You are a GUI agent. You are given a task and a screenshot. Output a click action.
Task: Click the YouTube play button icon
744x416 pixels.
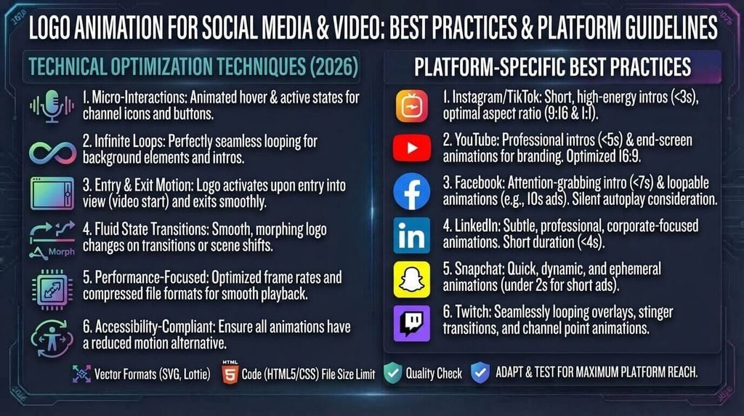(x=412, y=148)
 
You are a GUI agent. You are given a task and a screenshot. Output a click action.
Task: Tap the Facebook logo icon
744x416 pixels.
(x=412, y=191)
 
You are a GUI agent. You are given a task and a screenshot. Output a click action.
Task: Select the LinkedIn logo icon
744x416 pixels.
(x=412, y=236)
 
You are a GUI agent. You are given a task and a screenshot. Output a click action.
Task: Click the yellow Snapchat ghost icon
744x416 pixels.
(x=412, y=279)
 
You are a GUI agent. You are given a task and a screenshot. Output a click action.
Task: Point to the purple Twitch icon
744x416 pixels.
(x=412, y=324)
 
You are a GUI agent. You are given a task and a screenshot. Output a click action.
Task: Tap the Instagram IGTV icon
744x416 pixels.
(x=412, y=106)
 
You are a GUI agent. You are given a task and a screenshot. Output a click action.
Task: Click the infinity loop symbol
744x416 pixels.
(x=52, y=153)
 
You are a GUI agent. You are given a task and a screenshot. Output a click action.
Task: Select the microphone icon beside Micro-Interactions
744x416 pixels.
(x=52, y=106)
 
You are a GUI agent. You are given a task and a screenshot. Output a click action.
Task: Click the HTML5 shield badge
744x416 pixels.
(x=230, y=373)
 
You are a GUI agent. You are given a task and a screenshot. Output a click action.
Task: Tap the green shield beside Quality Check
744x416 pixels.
(x=392, y=373)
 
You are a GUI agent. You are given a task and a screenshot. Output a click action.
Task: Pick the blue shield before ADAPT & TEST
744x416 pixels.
(x=480, y=373)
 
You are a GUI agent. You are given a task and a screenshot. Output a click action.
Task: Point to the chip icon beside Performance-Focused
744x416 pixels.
(x=52, y=289)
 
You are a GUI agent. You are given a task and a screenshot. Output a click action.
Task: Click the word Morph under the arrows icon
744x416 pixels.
(x=62, y=252)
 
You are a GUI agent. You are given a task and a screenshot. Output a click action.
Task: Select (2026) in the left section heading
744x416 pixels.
(x=334, y=67)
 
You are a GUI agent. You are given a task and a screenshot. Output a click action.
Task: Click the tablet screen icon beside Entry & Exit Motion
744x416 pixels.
(x=52, y=193)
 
